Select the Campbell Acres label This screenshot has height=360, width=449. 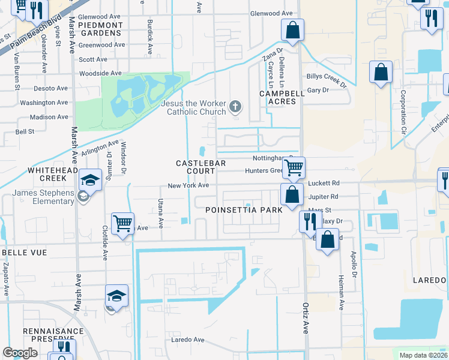click(278, 98)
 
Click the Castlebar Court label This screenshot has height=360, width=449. click(195, 167)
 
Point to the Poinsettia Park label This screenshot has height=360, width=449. click(243, 211)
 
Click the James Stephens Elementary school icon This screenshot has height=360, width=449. click(90, 180)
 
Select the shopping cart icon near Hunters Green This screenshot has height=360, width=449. click(294, 167)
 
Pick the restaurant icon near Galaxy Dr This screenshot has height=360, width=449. click(310, 221)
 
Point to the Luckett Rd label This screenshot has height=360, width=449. click(324, 183)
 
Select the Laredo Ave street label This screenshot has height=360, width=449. click(188, 340)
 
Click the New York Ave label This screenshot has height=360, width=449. click(188, 186)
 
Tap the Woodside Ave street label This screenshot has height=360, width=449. click(100, 73)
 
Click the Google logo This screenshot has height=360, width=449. click(20, 353)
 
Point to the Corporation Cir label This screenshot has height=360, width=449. click(403, 112)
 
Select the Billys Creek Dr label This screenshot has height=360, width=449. click(327, 80)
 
